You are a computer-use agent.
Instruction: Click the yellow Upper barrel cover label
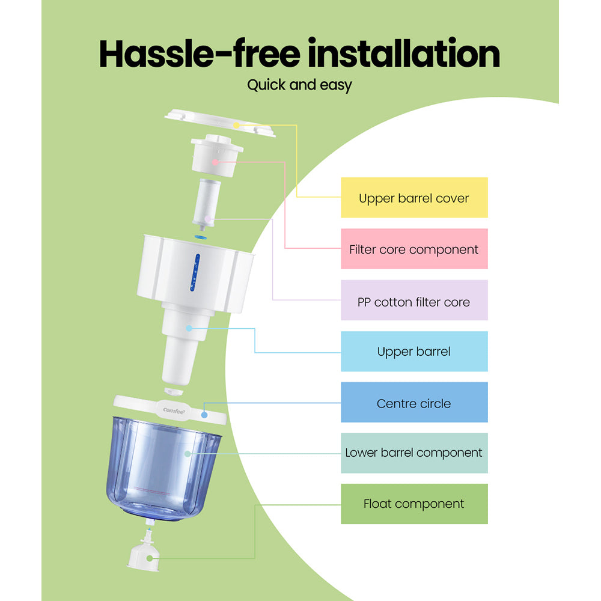[414, 198]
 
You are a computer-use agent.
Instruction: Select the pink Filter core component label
[414, 249]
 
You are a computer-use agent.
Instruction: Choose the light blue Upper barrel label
[414, 352]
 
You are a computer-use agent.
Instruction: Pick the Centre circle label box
[414, 403]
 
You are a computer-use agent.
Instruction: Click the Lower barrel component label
[414, 453]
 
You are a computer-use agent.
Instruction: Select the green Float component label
[414, 504]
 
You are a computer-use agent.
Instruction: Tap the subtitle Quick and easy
[299, 85]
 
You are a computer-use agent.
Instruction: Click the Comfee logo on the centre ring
[174, 410]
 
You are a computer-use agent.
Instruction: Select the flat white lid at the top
[219, 121]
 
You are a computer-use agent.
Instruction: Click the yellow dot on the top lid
[237, 125]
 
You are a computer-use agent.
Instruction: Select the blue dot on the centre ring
[204, 414]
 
